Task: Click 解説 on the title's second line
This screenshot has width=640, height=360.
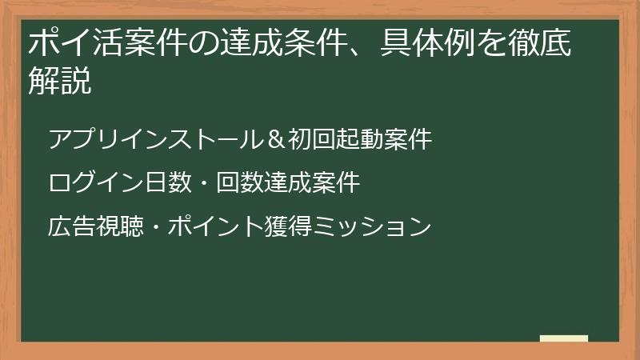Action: pyautogui.click(x=59, y=81)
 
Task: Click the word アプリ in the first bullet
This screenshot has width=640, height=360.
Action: pyautogui.click(x=82, y=139)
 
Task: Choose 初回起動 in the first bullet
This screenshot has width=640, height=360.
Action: pyautogui.click(x=336, y=139)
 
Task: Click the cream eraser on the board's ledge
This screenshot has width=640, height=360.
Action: pyautogui.click(x=563, y=338)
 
